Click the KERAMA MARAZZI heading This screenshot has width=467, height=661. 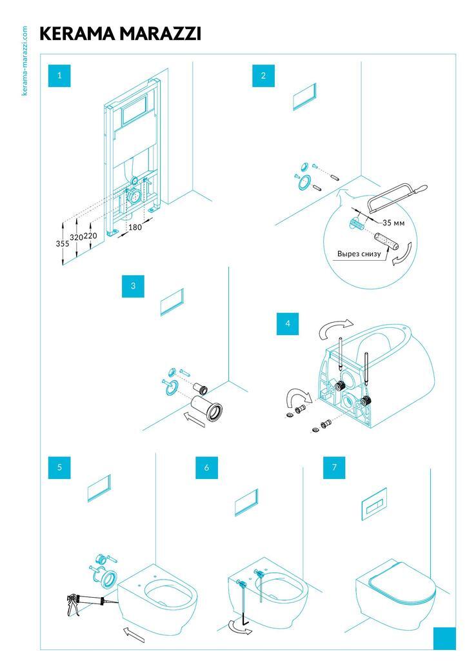click(120, 34)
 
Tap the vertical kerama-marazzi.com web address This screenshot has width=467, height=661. click(25, 61)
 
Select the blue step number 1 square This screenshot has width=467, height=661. click(59, 76)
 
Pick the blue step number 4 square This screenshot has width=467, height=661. click(288, 324)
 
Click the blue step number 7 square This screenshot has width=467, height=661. click(334, 468)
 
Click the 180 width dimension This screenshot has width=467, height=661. click(134, 227)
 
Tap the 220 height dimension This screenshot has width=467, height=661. click(90, 236)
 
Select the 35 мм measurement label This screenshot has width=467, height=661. click(393, 222)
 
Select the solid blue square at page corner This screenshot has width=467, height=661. click(444, 638)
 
